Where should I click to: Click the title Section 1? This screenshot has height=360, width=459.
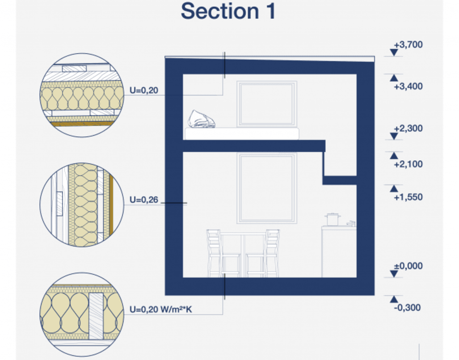228,11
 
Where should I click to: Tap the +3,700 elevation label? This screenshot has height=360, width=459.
408,45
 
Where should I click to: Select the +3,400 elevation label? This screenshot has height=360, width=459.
408,86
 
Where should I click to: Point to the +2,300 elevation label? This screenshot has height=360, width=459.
408,128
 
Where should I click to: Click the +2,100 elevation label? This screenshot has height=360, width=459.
408,164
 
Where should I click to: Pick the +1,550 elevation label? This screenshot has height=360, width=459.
408,197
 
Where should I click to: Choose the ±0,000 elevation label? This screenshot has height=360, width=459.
408,266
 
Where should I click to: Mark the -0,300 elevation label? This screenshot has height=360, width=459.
407,308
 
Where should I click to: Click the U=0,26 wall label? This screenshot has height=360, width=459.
144,200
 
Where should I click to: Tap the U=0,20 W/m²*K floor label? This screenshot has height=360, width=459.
161,310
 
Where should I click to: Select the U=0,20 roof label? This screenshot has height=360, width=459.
144,90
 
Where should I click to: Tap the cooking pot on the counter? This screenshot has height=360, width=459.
332,219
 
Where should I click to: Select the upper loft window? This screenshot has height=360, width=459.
267,103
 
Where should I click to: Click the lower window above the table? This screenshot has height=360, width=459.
266,188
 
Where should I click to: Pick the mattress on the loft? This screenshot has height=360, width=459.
241,133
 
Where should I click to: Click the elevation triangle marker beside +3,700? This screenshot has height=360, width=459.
394,53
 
